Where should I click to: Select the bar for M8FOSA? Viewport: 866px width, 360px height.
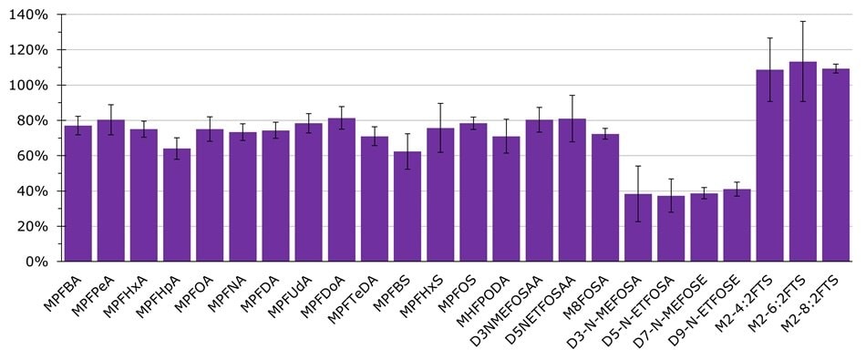605,198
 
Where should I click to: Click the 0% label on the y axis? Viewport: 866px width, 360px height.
42,262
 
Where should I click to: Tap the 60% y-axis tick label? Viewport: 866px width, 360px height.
38,156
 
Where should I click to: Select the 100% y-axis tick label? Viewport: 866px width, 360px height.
35,86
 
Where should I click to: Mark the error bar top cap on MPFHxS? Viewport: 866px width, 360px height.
440,103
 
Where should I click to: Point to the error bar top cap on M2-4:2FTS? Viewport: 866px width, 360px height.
769,38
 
